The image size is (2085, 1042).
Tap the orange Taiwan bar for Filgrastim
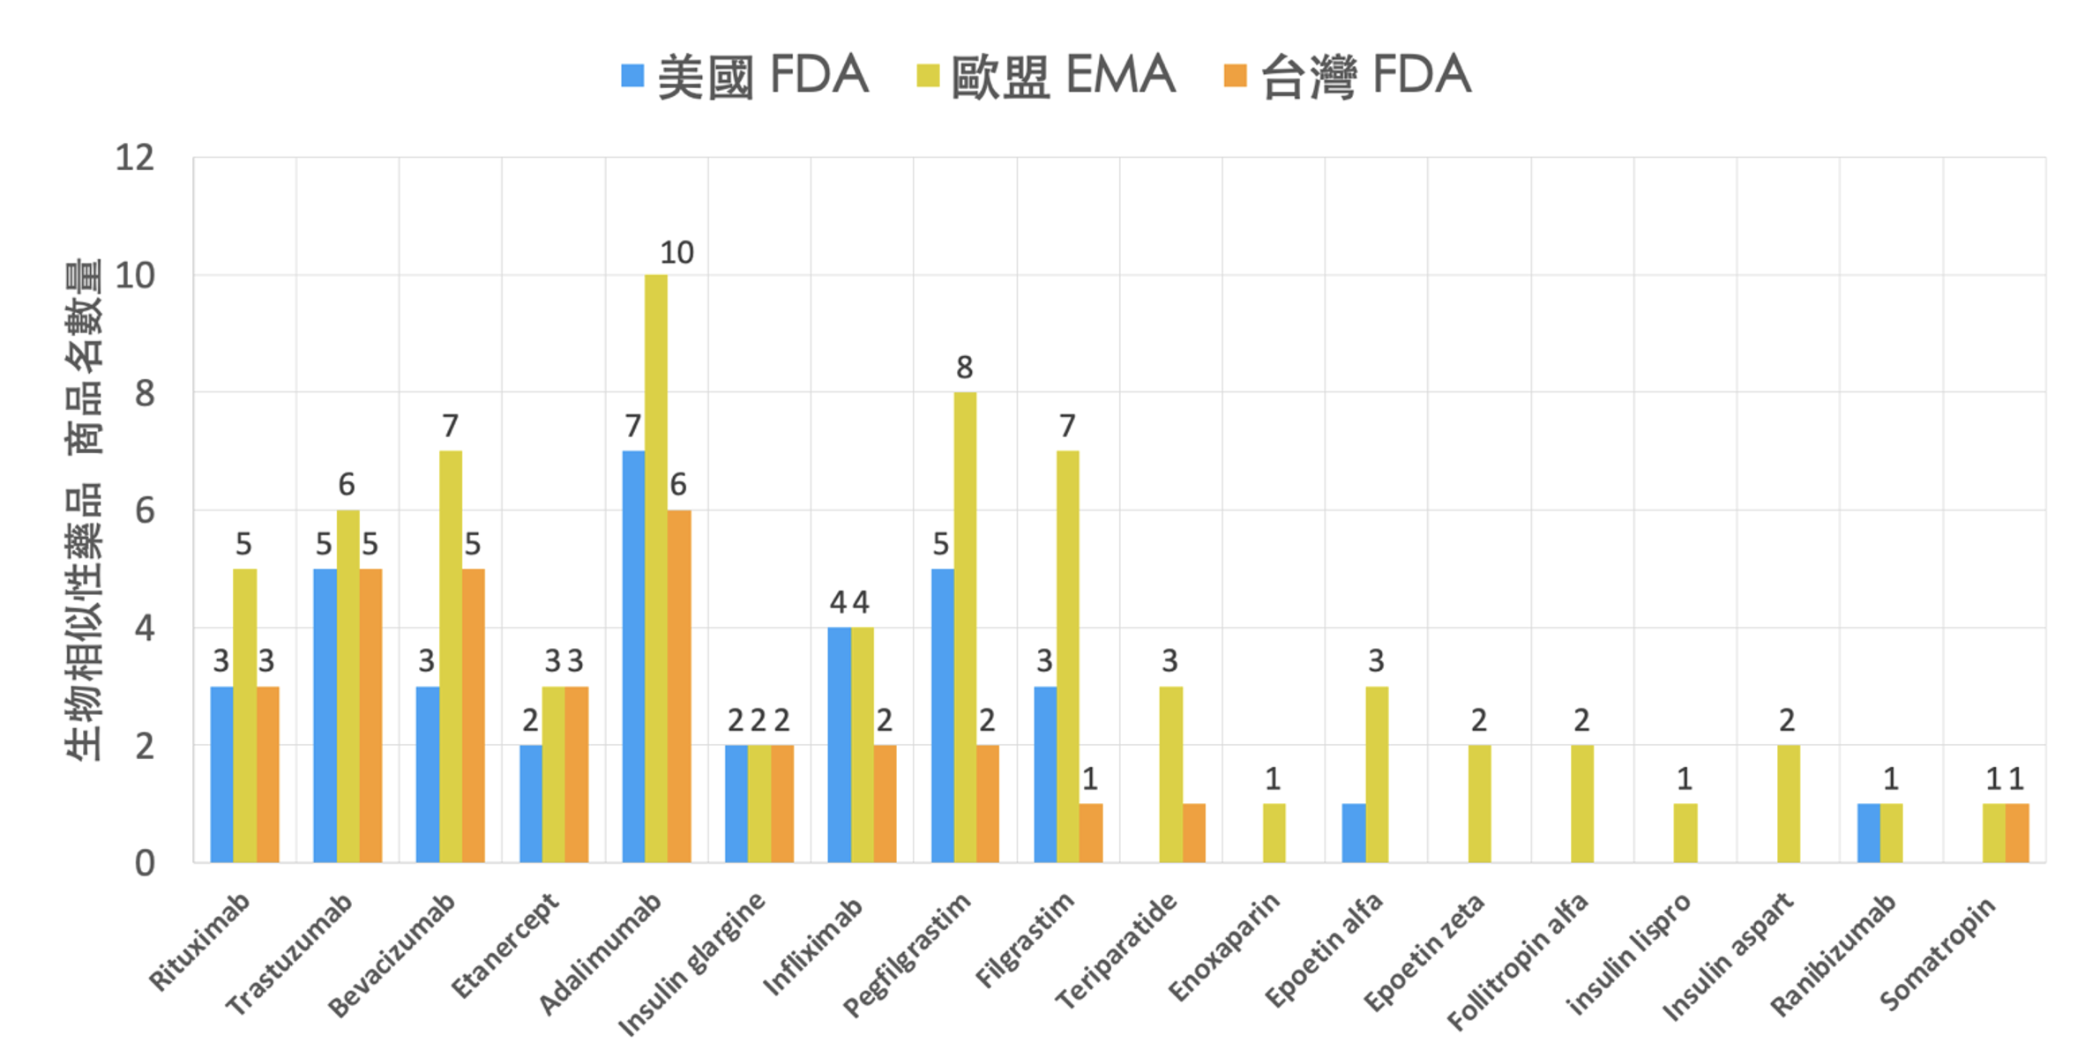coord(1090,833)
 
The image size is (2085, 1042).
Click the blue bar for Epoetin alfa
coord(1353,833)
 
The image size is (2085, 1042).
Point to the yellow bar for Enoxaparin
coord(1274,833)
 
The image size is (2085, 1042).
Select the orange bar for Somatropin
coord(2016,833)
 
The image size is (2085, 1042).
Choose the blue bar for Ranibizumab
coord(1868,833)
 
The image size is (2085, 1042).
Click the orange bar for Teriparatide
coord(1193,833)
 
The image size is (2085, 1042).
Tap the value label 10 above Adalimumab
coord(676,253)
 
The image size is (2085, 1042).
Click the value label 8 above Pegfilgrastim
coord(964,367)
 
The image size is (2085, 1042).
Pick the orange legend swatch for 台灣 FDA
coord(1235,76)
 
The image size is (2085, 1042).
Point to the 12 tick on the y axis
coord(134,159)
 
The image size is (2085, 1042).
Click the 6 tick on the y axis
coord(144,510)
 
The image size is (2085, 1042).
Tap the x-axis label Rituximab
coord(200,942)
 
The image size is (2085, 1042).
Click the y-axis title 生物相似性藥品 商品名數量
coord(84,510)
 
